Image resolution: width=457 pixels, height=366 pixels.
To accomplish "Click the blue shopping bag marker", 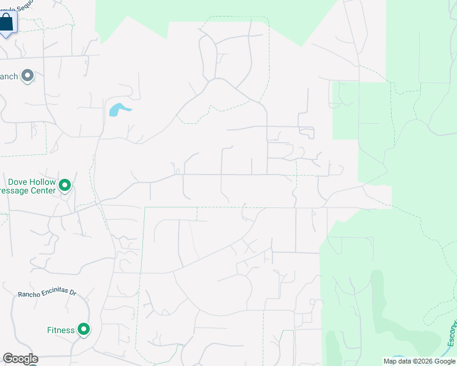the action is tap(7, 22).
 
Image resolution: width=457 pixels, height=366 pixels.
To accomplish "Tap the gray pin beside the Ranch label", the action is tap(27, 76).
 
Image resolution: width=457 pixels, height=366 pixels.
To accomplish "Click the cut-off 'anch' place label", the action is tap(9, 76).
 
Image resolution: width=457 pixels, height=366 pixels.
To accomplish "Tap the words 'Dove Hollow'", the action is tap(32, 182).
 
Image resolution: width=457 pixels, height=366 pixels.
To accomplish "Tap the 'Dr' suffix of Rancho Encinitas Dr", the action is tap(72, 291).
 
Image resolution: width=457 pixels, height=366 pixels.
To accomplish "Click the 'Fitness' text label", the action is tap(60, 330).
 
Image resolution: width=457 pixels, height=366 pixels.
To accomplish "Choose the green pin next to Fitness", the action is tap(84, 330).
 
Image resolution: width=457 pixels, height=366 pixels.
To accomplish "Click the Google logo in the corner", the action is tap(20, 359).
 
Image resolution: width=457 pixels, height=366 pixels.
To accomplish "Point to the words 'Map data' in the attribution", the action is tap(397, 362).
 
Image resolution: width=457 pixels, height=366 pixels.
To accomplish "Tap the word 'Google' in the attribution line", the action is tap(445, 362).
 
